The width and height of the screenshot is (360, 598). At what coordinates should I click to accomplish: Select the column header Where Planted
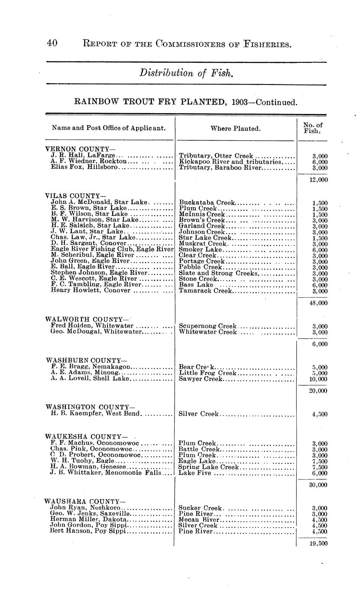235,129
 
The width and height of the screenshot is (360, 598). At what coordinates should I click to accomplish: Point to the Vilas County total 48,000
319,303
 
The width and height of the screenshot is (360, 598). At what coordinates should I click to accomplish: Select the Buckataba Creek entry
207,202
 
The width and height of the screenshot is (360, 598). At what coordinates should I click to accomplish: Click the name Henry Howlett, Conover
91,291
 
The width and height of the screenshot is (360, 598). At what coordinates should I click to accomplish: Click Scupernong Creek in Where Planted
208,326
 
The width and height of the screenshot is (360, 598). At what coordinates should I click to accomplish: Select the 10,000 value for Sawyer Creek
319,379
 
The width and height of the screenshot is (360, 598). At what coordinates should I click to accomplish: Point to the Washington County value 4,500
320,414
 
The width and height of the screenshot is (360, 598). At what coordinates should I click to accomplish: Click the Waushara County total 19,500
319,544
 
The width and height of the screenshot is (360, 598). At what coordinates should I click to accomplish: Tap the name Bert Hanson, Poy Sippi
88,531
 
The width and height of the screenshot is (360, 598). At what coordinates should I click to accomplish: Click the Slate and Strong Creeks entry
218,273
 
